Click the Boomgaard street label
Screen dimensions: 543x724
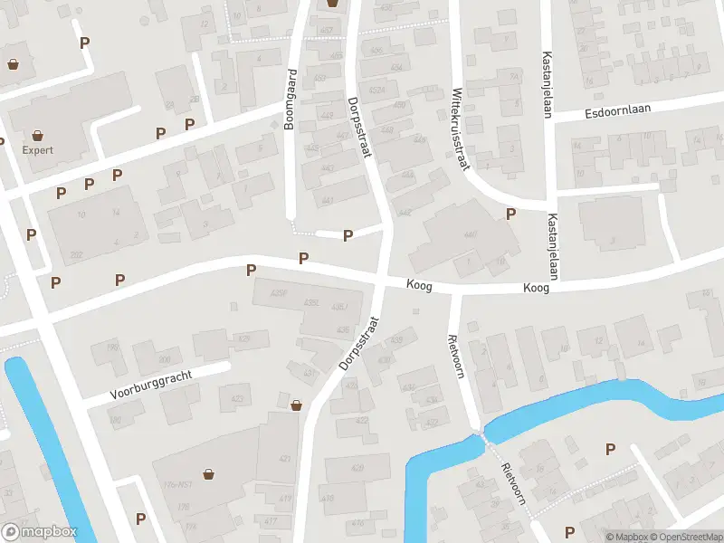point(291,100)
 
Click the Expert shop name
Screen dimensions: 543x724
point(39,150)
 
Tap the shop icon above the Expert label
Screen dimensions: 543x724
point(39,135)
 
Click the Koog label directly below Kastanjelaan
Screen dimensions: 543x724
point(537,288)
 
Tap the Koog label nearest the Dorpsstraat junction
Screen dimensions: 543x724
point(418,285)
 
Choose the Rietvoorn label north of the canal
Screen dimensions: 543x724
point(454,357)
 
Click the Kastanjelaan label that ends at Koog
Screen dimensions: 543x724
point(550,247)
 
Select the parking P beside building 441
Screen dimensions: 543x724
point(348,235)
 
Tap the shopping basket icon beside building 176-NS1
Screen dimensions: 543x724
point(209,472)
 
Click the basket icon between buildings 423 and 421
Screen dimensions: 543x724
point(296,405)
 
